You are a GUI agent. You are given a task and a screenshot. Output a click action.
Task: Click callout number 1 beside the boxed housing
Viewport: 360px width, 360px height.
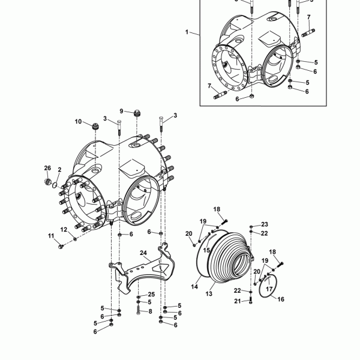(187, 32)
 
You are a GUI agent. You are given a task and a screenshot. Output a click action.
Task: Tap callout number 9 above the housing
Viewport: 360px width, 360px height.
(121, 111)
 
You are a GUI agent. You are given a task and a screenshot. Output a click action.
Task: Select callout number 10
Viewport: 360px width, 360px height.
(78, 121)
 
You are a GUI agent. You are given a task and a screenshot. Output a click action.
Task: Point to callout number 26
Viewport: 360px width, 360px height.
(47, 168)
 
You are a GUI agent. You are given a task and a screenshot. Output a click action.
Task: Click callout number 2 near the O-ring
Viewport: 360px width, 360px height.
(59, 170)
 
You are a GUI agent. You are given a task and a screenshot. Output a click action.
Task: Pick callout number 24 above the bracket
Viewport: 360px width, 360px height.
(143, 253)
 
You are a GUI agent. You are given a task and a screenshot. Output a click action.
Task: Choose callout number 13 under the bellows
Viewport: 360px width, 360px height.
(209, 293)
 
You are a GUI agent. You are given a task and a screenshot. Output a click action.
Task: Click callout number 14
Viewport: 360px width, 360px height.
(194, 287)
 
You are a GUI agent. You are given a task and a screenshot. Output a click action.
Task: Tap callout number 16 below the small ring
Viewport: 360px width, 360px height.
(281, 299)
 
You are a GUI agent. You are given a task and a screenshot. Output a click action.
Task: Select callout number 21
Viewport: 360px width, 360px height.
(238, 301)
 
